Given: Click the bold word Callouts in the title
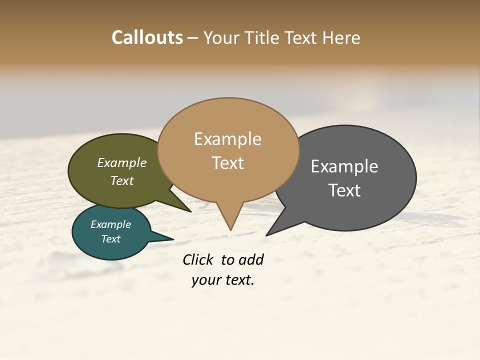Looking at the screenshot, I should click(x=147, y=38).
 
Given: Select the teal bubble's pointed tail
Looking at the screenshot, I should click(x=162, y=237).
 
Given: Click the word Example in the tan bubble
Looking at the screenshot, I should click(x=227, y=139).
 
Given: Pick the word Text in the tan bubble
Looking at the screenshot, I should click(x=228, y=163).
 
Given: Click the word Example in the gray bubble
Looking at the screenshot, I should click(x=344, y=166).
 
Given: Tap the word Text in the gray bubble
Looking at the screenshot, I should click(x=344, y=190).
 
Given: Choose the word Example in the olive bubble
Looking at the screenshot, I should click(x=122, y=163).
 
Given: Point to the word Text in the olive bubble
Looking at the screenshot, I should click(x=122, y=181).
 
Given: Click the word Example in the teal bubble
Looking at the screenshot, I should click(x=111, y=224).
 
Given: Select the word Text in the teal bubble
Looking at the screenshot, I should click(x=111, y=239).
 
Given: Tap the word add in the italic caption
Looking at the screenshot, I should click(x=251, y=260).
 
